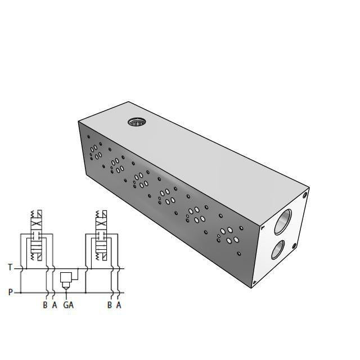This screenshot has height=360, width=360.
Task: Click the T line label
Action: [10, 267]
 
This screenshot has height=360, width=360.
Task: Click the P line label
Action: [10, 292]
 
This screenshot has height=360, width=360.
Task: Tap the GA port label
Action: [68, 305]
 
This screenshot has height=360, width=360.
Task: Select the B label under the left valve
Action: [45, 305]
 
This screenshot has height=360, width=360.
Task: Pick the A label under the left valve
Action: [55, 305]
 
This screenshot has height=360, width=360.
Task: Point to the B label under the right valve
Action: [110, 305]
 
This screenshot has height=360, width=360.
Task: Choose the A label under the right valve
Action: [119, 305]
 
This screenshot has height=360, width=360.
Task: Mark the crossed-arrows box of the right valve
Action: [102, 224]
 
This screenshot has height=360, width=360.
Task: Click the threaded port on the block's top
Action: [136, 122]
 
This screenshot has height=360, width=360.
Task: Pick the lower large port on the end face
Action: [277, 248]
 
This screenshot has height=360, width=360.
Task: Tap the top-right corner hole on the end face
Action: [305, 195]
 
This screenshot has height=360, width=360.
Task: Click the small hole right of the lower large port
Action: [294, 245]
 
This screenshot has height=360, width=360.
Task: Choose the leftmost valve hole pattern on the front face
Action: [95, 151]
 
